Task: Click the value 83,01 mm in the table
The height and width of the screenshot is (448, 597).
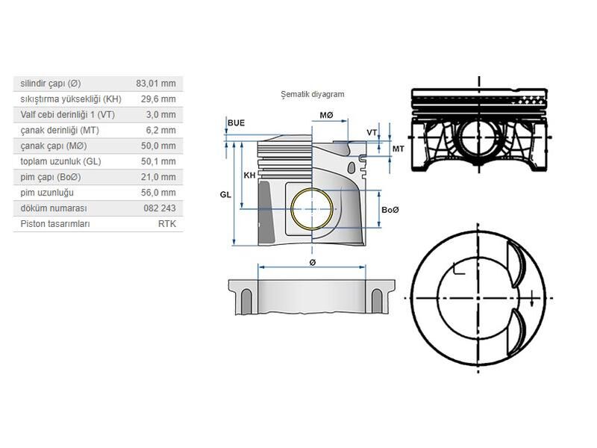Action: click(x=156, y=84)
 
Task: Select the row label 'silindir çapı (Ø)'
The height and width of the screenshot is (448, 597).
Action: click(x=51, y=84)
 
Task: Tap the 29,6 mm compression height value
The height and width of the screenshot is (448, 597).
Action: click(x=158, y=99)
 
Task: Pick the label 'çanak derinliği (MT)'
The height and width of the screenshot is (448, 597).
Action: click(x=60, y=130)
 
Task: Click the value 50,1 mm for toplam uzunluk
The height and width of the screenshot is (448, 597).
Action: click(x=158, y=161)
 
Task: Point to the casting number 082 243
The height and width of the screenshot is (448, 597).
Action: click(x=160, y=208)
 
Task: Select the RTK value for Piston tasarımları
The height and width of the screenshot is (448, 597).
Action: click(x=167, y=224)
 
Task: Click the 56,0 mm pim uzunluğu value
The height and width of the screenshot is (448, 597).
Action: click(x=158, y=193)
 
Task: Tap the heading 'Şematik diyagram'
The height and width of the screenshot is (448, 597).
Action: click(x=313, y=95)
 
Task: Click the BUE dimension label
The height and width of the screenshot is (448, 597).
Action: click(x=236, y=123)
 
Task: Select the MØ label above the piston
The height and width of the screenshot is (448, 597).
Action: click(x=326, y=115)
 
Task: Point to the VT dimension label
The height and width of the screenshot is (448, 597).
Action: click(x=372, y=133)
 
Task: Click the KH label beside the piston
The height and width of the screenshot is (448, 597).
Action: click(x=249, y=175)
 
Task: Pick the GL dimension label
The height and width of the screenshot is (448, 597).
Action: click(x=225, y=195)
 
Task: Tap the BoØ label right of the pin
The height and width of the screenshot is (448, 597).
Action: click(x=390, y=210)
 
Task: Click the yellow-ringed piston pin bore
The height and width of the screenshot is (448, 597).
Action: click(x=312, y=209)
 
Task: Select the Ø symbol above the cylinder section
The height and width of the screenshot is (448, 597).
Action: click(x=313, y=263)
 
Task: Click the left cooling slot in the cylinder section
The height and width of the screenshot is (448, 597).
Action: click(x=246, y=302)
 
